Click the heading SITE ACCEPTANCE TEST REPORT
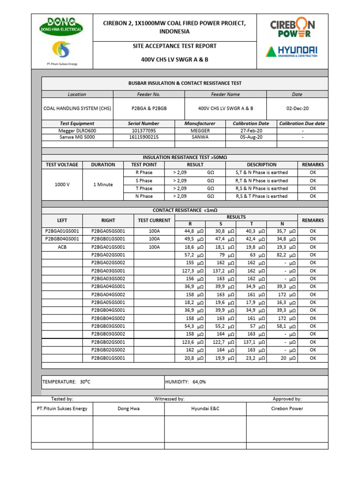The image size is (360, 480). click(174, 46)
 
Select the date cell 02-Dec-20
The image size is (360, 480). click(297, 108)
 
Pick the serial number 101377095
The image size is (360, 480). click(144, 131)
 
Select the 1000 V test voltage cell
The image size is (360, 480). click(62, 185)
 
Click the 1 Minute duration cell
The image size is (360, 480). click(103, 185)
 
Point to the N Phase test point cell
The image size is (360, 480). click(144, 196)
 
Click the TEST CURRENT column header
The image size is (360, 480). click(154, 220)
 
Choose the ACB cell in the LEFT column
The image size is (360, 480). click(62, 247)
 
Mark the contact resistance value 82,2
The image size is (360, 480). click(281, 255)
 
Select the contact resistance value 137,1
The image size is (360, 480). click(252, 342)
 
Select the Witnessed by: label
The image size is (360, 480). click(169, 399)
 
